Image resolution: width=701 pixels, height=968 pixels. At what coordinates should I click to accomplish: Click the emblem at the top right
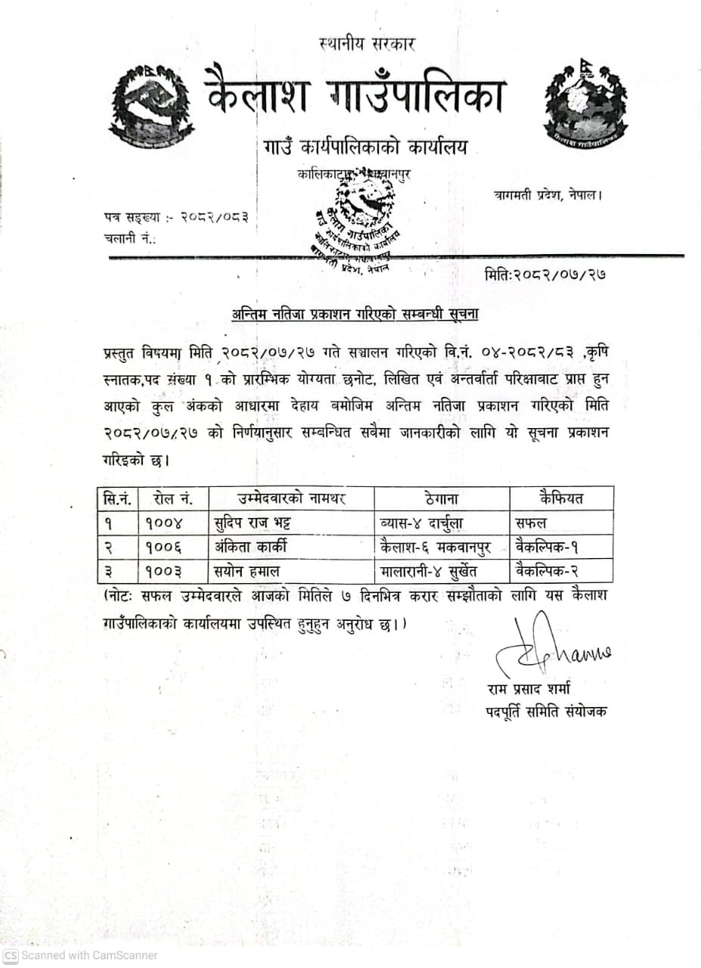585,104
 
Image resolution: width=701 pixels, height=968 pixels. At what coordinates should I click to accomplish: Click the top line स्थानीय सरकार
368,44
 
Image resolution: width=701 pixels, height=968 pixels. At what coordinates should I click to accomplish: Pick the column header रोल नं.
173,499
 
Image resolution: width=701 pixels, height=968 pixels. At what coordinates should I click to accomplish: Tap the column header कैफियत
561,498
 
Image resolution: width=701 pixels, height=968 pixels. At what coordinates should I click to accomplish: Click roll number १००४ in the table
164,522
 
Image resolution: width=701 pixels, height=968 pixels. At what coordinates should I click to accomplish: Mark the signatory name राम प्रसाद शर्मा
529,689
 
